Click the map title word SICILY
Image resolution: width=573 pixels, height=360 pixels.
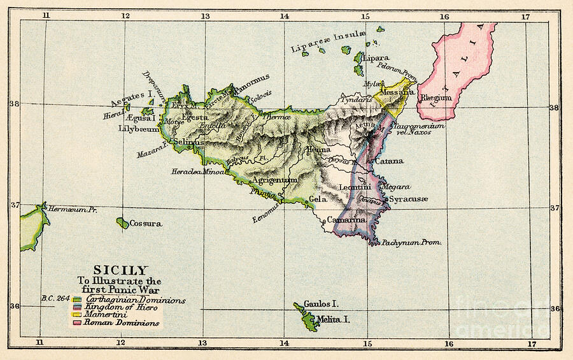[x=120, y=270]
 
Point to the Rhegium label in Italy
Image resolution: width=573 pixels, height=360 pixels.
[x=436, y=97]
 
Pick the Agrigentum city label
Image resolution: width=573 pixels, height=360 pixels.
[x=274, y=180]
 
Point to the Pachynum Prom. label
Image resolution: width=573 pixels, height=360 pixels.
[x=412, y=243]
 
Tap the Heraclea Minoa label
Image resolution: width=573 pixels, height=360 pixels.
[x=197, y=173]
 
